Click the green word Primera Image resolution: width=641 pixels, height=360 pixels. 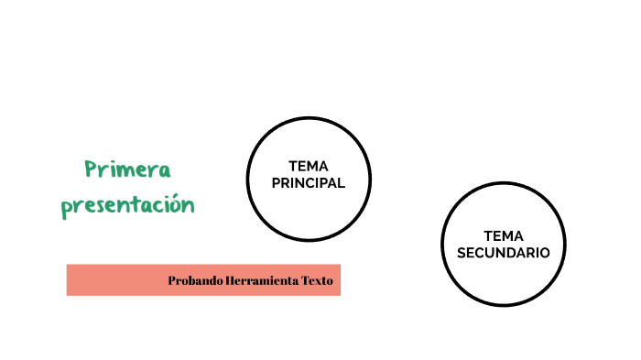click(128, 170)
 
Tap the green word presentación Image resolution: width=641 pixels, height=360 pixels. click(128, 205)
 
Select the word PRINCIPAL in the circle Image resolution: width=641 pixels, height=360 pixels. click(309, 182)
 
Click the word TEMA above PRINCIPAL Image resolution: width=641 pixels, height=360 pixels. click(309, 167)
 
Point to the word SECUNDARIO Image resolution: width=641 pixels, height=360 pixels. click(504, 252)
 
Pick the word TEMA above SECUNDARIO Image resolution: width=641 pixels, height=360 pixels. click(504, 235)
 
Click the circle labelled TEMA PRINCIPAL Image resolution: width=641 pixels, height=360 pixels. click(309, 211)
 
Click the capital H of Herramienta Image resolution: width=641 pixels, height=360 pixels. click(230, 280)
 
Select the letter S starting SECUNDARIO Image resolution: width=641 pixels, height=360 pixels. click(462, 252)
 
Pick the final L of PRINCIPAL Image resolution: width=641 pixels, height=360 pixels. click(341, 182)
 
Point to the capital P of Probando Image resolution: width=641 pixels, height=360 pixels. click(172, 280)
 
